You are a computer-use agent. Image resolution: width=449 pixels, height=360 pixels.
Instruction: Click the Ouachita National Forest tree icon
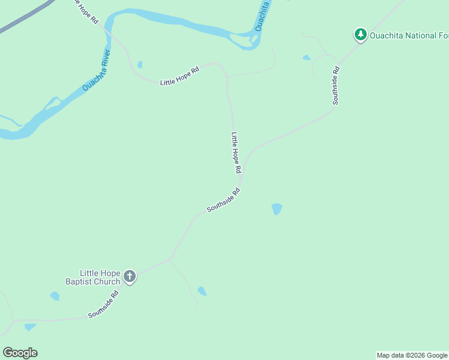pyautogui.click(x=360, y=35)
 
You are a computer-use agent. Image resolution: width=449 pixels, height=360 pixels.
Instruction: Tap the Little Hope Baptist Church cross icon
pyautogui.click(x=130, y=277)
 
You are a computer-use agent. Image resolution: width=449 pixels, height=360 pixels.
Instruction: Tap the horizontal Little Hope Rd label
pyautogui.click(x=179, y=77)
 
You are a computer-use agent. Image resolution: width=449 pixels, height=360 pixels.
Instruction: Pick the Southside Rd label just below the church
pyautogui.click(x=105, y=305)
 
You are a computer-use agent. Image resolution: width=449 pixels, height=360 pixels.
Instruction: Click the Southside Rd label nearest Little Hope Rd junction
pyautogui.click(x=223, y=200)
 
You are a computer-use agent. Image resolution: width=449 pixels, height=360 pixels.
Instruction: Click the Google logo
pyautogui.click(x=20, y=352)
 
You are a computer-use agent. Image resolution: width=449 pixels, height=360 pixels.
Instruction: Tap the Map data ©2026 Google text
pyautogui.click(x=412, y=355)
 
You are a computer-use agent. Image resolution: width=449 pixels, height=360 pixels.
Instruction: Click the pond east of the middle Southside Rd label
pyautogui.click(x=277, y=209)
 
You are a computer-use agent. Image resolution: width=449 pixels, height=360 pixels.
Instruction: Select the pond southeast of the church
pyautogui.click(x=202, y=291)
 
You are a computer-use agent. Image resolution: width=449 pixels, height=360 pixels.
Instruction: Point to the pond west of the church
pyautogui.click(x=55, y=296)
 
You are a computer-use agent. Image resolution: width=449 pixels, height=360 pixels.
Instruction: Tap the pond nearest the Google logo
pyautogui.click(x=30, y=327)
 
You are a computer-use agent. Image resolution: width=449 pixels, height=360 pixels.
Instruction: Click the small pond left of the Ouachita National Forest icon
pyautogui.click(x=307, y=58)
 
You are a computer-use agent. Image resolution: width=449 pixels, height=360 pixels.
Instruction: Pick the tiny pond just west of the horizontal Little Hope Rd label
pyautogui.click(x=140, y=64)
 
